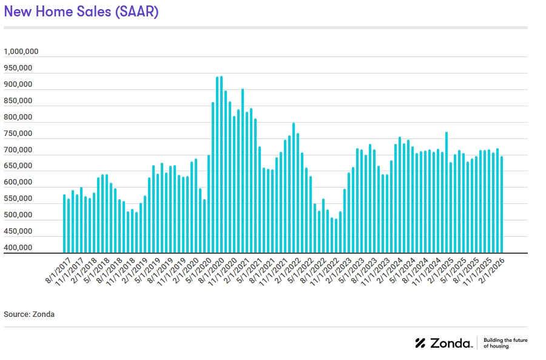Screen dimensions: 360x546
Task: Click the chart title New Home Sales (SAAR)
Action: tap(81, 12)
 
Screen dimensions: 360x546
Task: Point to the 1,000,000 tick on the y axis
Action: tap(21, 52)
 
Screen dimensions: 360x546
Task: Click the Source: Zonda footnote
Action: tap(29, 314)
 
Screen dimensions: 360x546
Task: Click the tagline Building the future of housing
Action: tap(505, 343)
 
